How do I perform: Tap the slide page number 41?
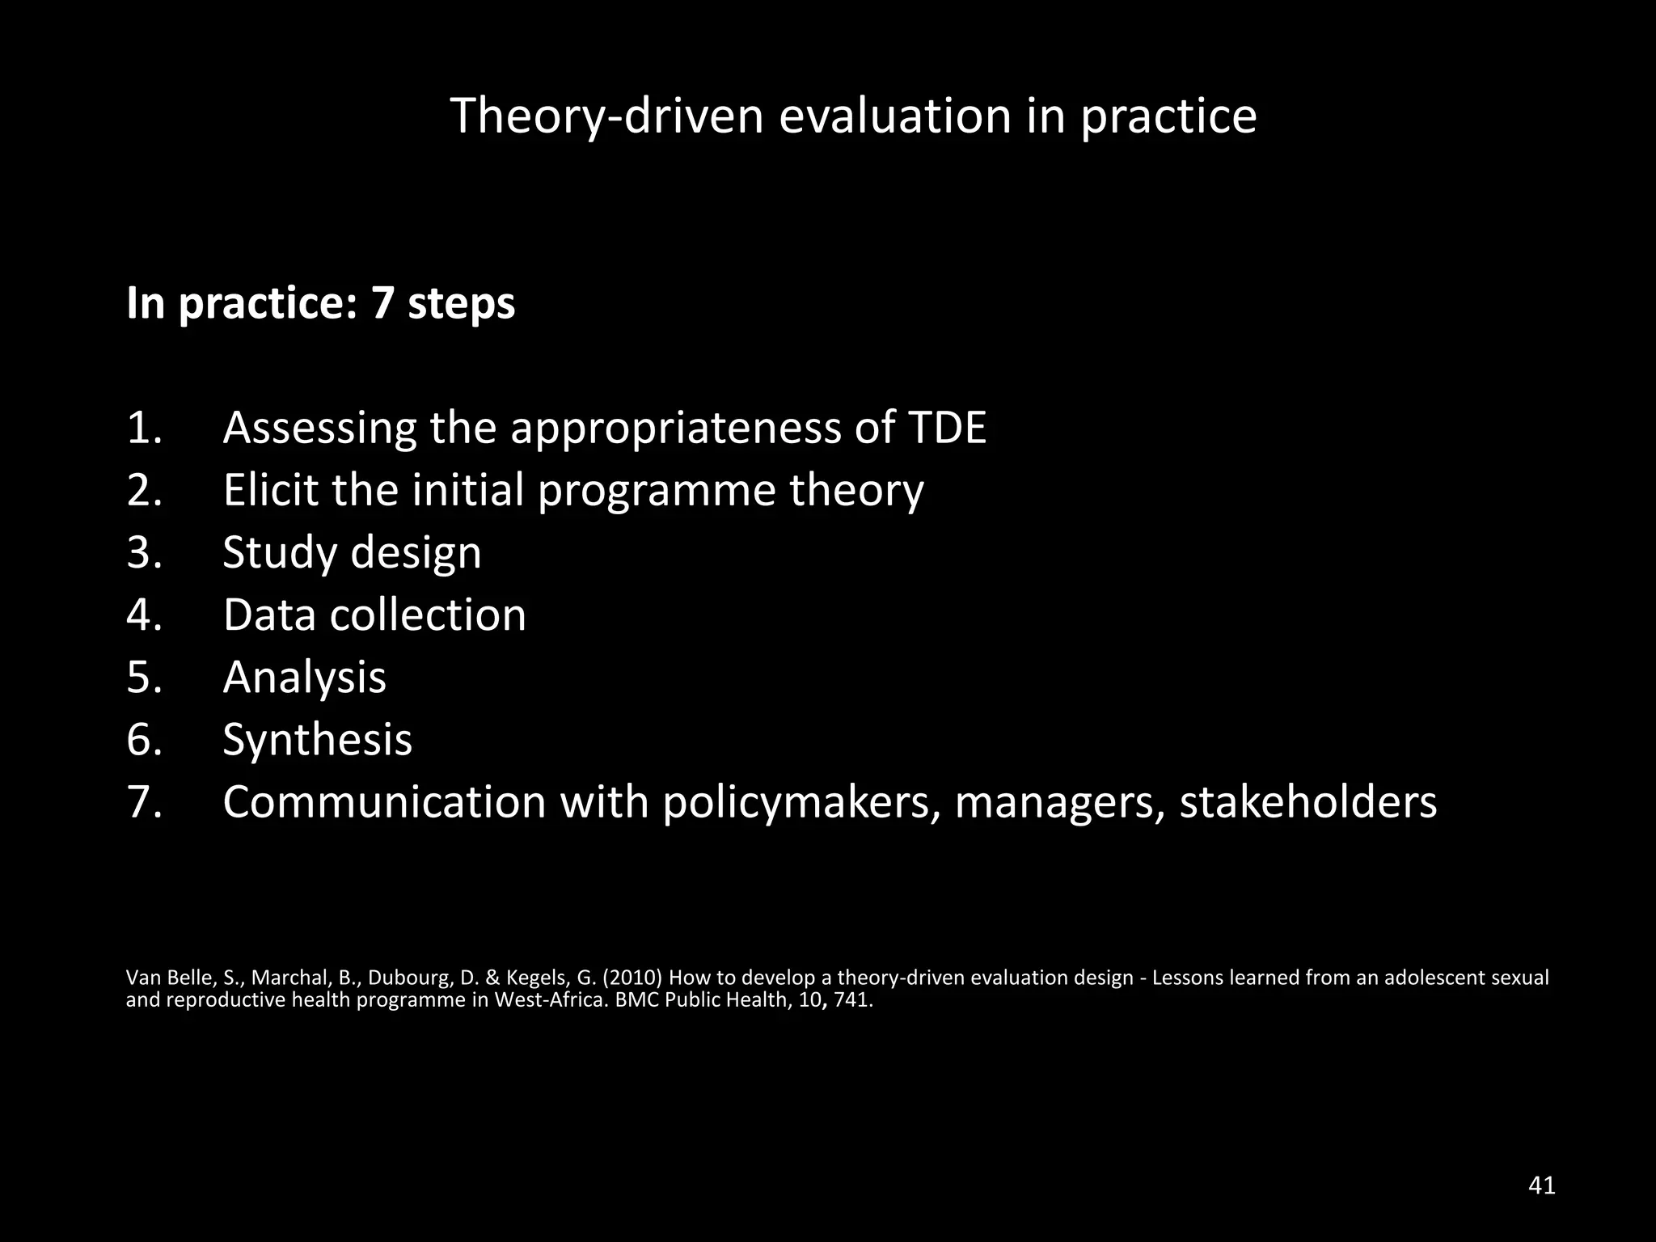tap(1542, 1186)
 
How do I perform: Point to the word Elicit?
tap(270, 490)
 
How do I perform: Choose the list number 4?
tap(144, 615)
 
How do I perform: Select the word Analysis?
tap(304, 678)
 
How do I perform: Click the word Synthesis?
tap(317, 740)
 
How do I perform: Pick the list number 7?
tap(144, 802)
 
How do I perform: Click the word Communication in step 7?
tap(384, 802)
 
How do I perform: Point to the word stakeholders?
tap(1307, 802)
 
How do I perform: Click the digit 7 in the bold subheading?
tap(382, 304)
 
